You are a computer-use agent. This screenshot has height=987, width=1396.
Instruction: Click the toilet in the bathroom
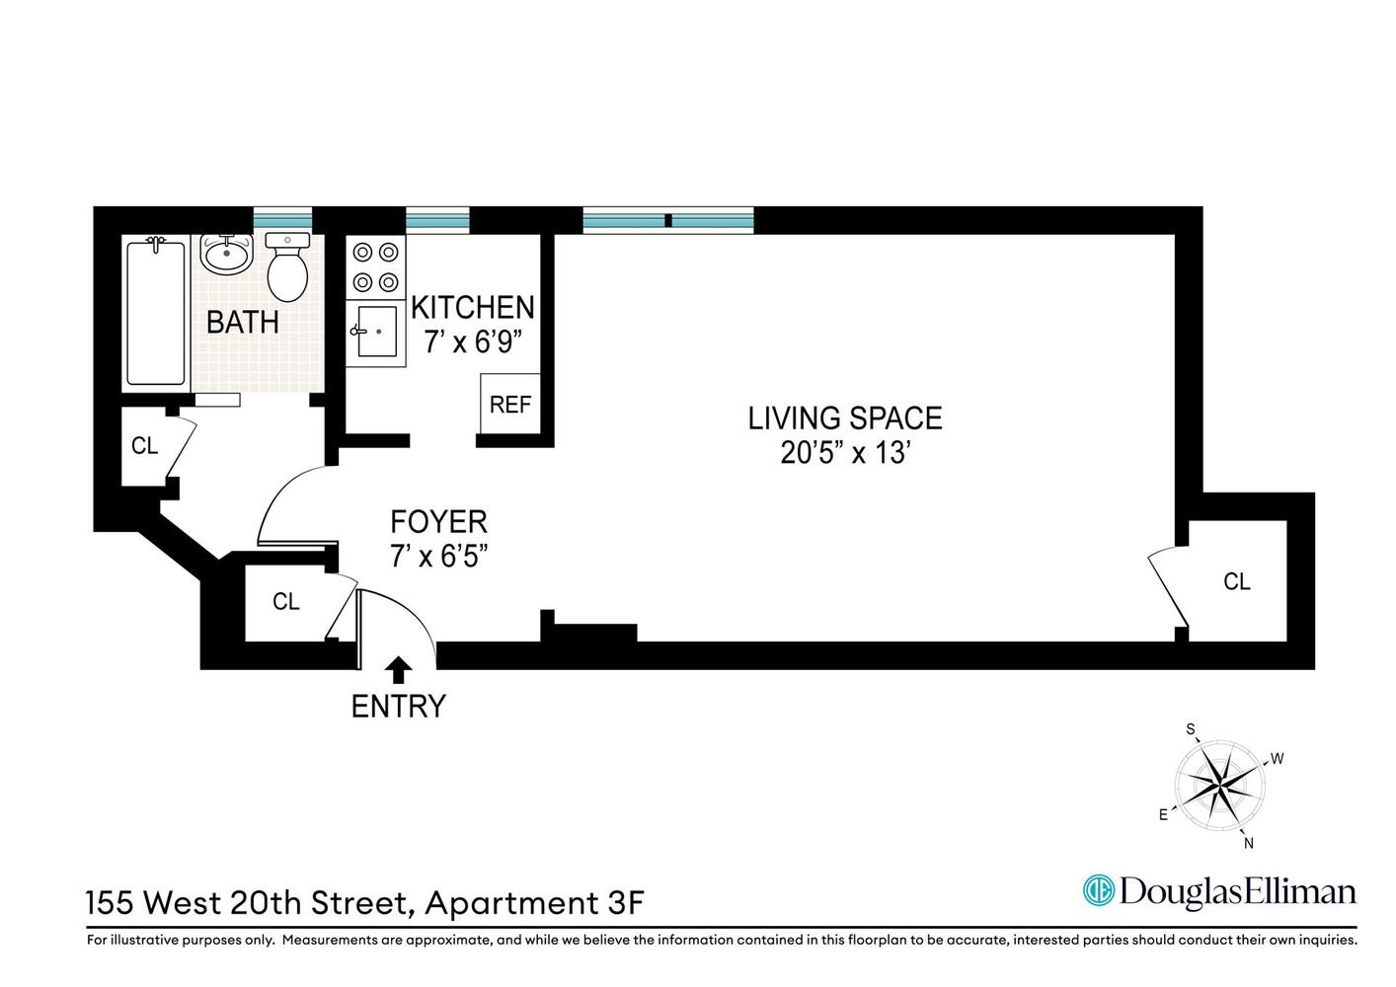(x=287, y=267)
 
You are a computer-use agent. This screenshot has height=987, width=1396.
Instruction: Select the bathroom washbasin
(x=226, y=253)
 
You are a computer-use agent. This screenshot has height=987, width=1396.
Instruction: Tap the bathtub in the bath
(x=156, y=314)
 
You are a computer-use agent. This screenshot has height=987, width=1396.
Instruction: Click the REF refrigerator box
(x=510, y=404)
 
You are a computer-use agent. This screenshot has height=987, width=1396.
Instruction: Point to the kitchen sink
(x=376, y=332)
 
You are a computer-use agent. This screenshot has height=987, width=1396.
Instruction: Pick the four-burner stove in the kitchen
(x=376, y=267)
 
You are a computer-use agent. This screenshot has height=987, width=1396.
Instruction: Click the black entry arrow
(x=399, y=670)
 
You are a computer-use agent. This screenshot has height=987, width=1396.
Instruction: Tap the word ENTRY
(x=399, y=707)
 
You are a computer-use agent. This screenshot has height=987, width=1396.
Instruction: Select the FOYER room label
(x=438, y=521)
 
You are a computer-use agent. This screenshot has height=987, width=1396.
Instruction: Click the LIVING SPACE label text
(x=844, y=418)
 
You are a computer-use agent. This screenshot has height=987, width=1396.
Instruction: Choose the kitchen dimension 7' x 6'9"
(x=472, y=342)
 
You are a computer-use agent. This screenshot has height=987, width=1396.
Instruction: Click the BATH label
(x=243, y=322)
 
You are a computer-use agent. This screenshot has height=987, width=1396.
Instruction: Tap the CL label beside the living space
(x=1237, y=581)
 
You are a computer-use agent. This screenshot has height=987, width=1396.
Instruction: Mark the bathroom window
(x=282, y=220)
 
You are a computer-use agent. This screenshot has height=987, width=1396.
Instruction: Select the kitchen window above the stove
(x=437, y=220)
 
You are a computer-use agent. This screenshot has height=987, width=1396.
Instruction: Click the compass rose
(x=1219, y=786)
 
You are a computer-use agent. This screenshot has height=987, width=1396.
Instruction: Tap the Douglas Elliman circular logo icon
(x=1099, y=890)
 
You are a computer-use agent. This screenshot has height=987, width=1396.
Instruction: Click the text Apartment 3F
(x=535, y=903)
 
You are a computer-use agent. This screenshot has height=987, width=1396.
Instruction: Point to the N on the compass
(x=1248, y=843)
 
